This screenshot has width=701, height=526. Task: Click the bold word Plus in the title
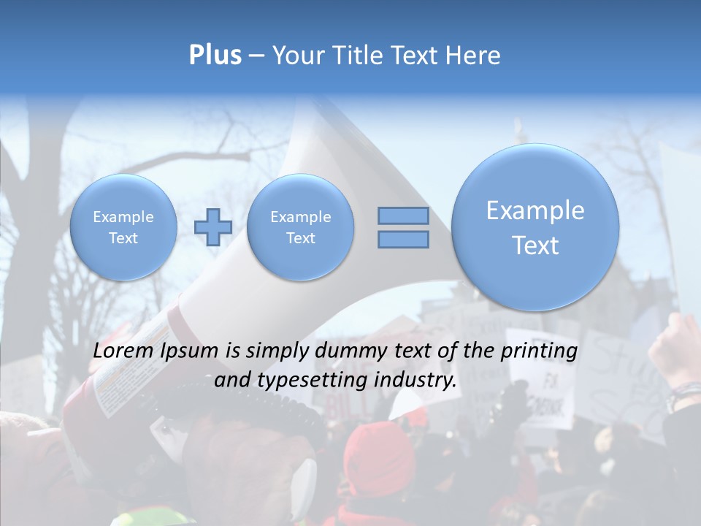pyautogui.click(x=215, y=55)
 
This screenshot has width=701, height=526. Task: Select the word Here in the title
pyautogui.click(x=474, y=55)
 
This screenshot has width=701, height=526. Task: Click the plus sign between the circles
pyautogui.click(x=212, y=226)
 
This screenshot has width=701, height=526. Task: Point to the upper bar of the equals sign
pyautogui.click(x=403, y=216)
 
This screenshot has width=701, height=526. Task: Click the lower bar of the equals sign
pyautogui.click(x=403, y=240)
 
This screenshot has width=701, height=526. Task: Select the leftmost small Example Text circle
pyautogui.click(x=123, y=226)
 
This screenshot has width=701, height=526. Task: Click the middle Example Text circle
pyautogui.click(x=300, y=226)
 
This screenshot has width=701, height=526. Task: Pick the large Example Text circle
pyautogui.click(x=535, y=226)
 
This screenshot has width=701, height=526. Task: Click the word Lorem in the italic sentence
pyautogui.click(x=123, y=351)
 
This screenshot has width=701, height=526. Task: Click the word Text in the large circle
pyautogui.click(x=535, y=245)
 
